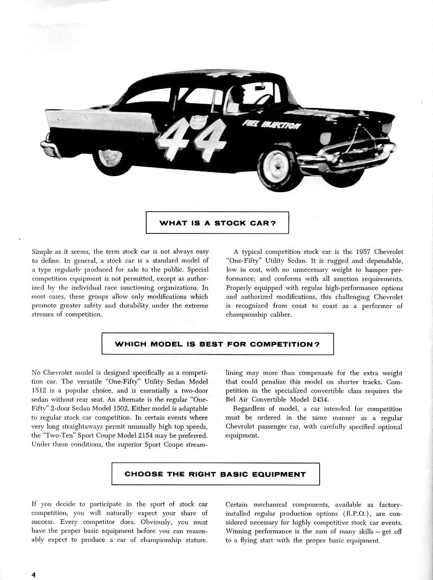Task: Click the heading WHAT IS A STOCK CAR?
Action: [217, 223]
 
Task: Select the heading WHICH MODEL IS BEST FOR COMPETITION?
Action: [217, 344]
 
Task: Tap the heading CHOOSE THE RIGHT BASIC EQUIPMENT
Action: [215, 474]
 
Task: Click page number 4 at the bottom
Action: [33, 575]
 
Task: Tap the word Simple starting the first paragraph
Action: [42, 252]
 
